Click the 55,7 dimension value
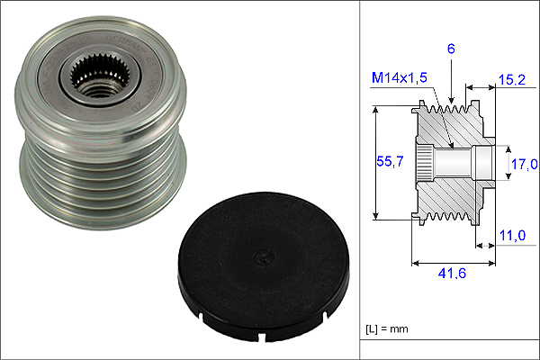tap(390, 161)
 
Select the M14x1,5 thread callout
tap(399, 78)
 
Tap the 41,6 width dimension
tap(452, 274)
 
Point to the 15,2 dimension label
tap(512, 79)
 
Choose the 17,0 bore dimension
tap(524, 164)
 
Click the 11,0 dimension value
tap(512, 236)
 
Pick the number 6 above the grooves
tap(451, 49)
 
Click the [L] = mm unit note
tap(387, 329)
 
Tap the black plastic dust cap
tap(263, 266)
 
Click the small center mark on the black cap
tap(263, 256)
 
